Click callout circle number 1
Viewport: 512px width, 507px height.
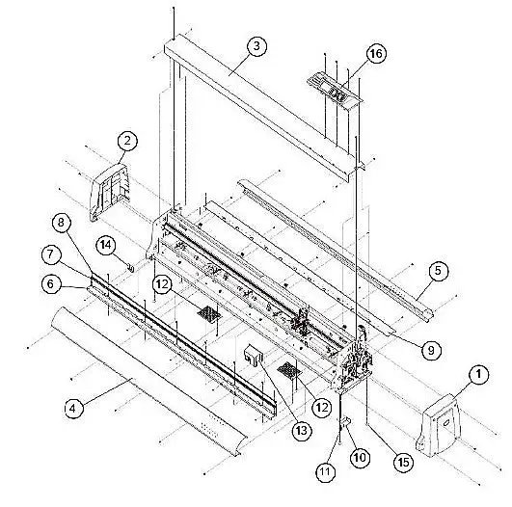pyautogui.click(x=478, y=374)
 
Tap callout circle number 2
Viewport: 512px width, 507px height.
pyautogui.click(x=127, y=141)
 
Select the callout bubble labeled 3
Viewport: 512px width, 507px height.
pyautogui.click(x=256, y=45)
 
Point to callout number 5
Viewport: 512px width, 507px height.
pyautogui.click(x=438, y=271)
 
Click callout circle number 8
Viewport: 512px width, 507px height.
pyautogui.click(x=61, y=223)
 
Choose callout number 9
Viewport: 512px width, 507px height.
pyautogui.click(x=431, y=350)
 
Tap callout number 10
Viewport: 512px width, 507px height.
pyautogui.click(x=360, y=458)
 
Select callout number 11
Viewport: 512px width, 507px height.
pyautogui.click(x=325, y=471)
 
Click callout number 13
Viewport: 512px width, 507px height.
pyautogui.click(x=302, y=431)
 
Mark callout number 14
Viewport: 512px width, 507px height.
pyautogui.click(x=105, y=244)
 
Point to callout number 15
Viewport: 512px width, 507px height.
pyautogui.click(x=404, y=462)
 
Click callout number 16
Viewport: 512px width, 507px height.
pyautogui.click(x=376, y=53)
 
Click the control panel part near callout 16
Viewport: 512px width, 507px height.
pyautogui.click(x=335, y=89)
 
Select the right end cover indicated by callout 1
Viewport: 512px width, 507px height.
pyautogui.click(x=439, y=426)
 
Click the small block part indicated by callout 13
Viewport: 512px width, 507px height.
pyautogui.click(x=253, y=356)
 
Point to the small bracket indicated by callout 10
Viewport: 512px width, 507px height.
pyautogui.click(x=346, y=422)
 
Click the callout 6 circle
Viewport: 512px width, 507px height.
pyautogui.click(x=50, y=283)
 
